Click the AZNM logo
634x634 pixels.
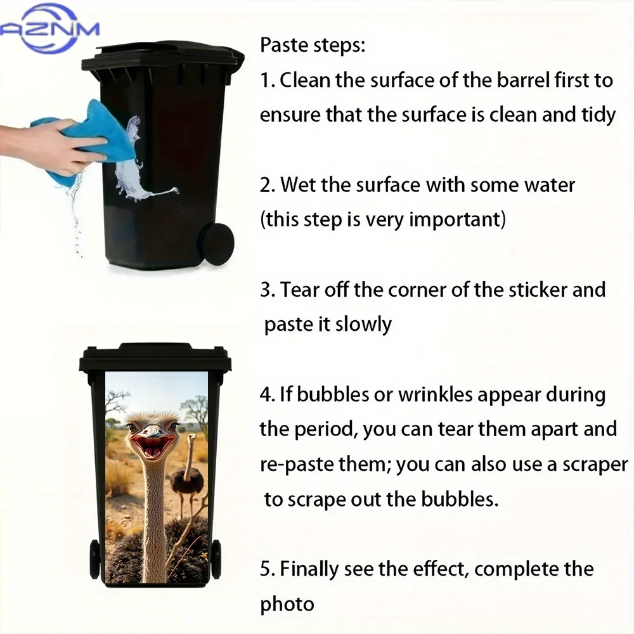point(49,29)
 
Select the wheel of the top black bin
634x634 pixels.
point(216,244)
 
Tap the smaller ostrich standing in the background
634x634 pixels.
point(186,473)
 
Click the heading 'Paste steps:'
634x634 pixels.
point(313,45)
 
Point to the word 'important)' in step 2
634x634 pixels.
point(457,221)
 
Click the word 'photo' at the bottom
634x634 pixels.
point(287,604)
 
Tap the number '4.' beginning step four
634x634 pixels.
point(268,394)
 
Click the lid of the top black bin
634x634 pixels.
point(164,56)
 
